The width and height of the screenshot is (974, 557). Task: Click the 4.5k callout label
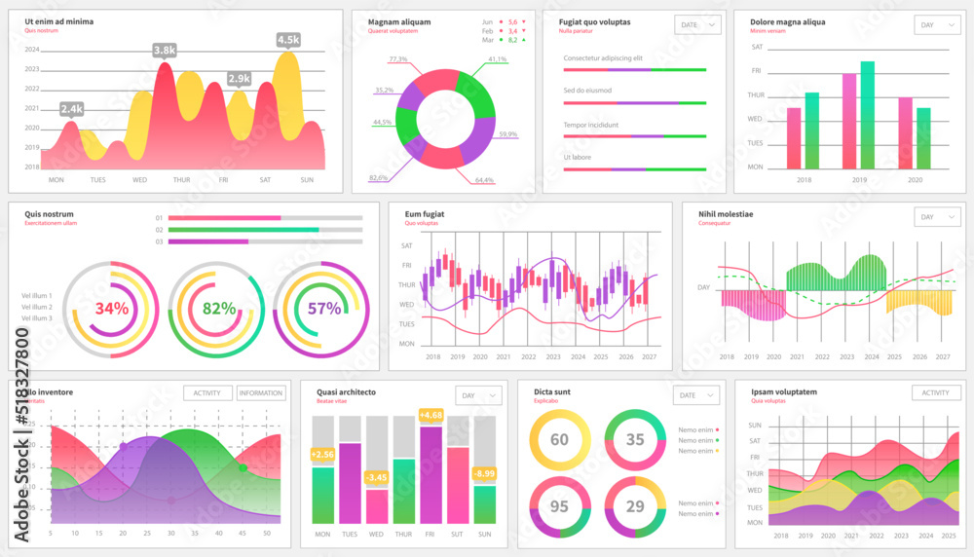pos(288,40)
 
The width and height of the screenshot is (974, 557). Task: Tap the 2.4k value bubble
pos(71,109)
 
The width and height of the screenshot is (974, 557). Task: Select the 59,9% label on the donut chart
pos(507,134)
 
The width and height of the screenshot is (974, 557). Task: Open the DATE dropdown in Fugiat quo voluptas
pos(698,24)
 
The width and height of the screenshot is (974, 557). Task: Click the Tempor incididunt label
pos(590,125)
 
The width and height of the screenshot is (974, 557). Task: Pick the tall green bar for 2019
pos(867,115)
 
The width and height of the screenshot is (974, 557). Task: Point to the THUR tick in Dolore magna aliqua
pos(756,95)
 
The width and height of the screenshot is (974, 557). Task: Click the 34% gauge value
pos(112,309)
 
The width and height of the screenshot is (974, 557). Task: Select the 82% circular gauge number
pos(219,309)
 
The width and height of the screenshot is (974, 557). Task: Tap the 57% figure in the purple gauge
pos(324,309)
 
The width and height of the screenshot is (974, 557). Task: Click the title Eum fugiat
pos(425,212)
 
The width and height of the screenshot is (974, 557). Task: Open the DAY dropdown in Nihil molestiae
pos(938,217)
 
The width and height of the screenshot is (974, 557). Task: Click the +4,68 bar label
pos(431,416)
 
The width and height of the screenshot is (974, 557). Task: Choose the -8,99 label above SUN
pos(484,473)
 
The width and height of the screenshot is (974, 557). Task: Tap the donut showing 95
pos(559,507)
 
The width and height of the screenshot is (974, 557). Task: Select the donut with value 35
pos(634,440)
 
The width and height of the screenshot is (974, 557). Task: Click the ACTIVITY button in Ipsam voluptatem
pos(936,392)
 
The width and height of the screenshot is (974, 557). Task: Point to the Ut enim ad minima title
pos(59,20)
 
